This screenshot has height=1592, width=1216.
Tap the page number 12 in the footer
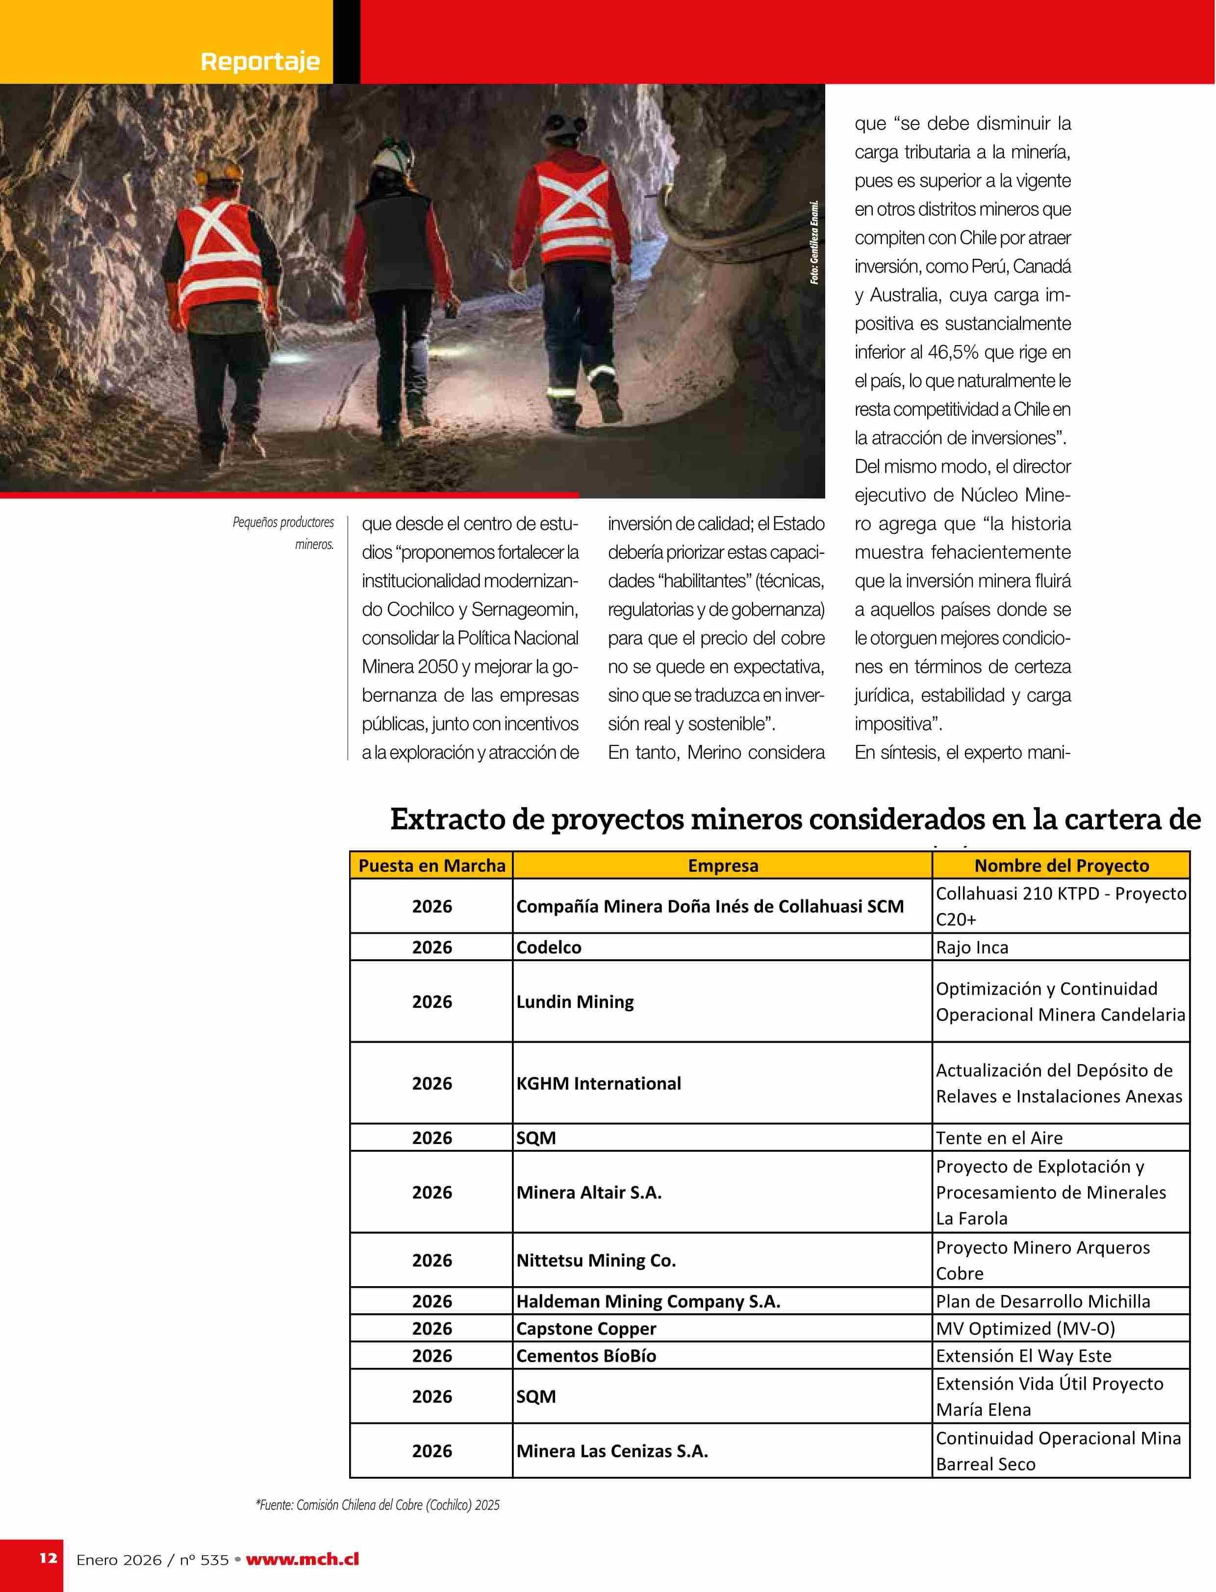point(48,1558)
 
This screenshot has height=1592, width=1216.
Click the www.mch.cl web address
point(303,1560)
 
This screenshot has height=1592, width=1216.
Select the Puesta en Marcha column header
point(431,866)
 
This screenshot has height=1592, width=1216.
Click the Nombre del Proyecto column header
point(1061,866)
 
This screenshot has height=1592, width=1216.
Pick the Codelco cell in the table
point(549,947)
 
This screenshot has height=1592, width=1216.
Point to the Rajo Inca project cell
point(972,947)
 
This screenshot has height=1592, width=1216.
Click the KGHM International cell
point(599,1083)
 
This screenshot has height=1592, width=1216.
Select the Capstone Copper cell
point(586,1329)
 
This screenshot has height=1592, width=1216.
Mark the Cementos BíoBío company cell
point(586,1356)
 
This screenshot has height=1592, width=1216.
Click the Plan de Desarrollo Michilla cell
point(1042,1301)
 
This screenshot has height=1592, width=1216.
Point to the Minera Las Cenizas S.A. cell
point(611,1451)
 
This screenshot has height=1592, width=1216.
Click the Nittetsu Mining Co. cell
point(596,1261)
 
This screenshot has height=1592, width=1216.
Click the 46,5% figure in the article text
point(940,352)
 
